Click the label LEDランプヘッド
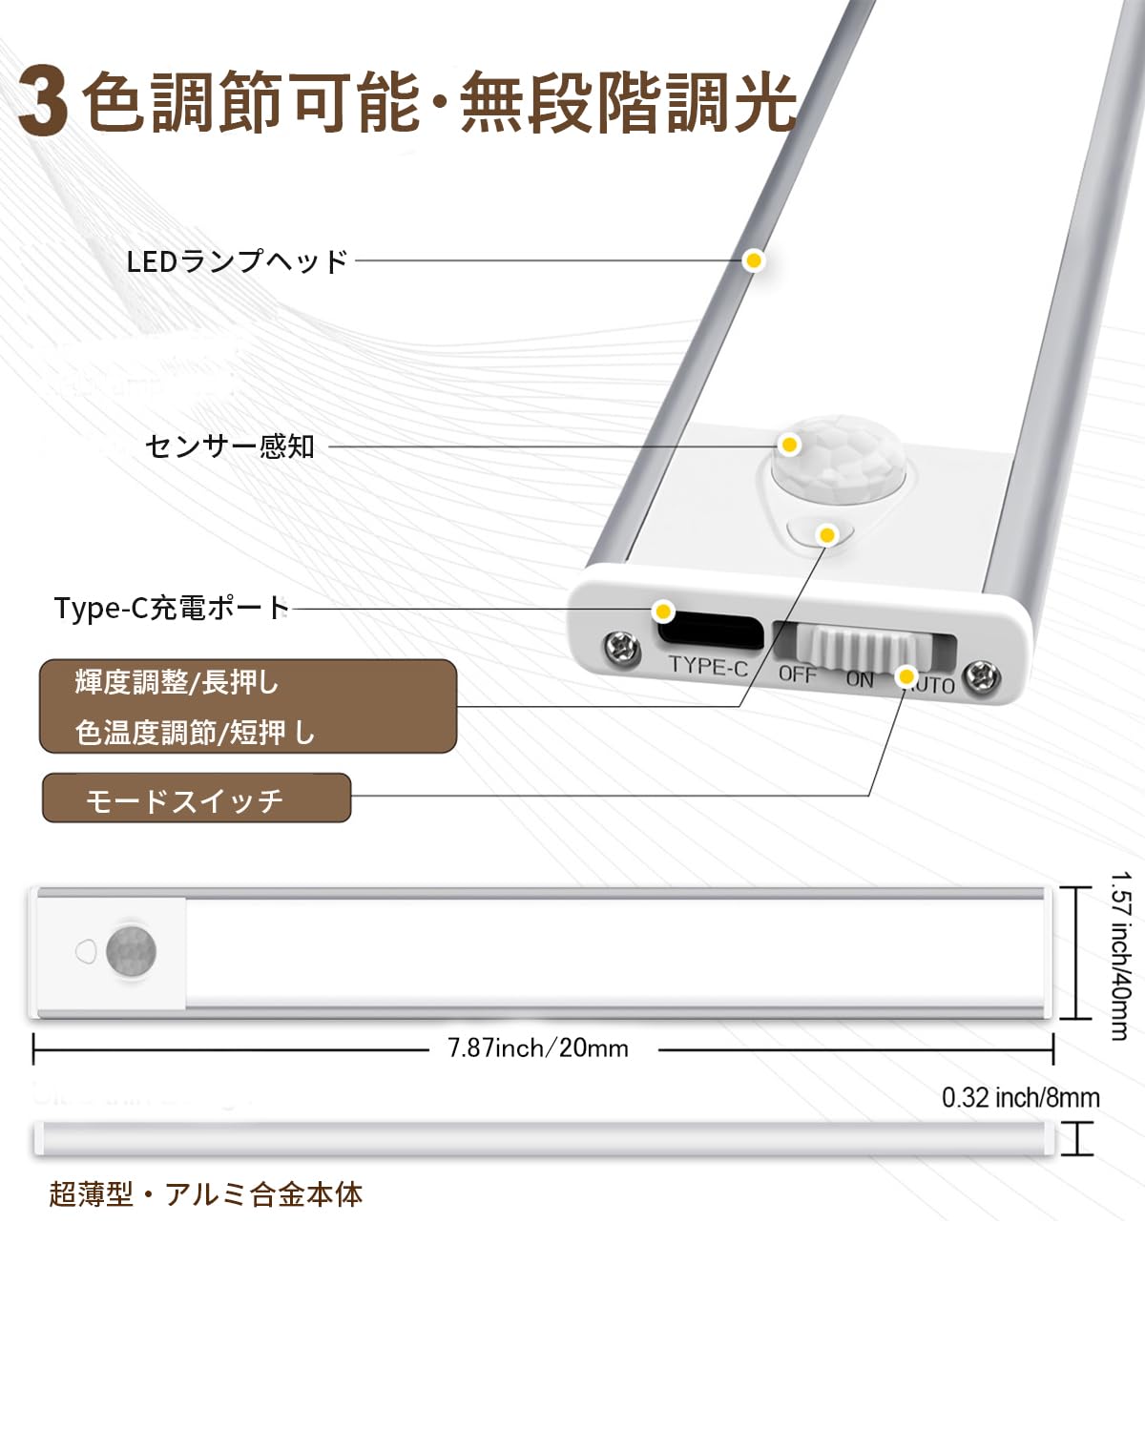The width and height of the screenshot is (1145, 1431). tap(238, 260)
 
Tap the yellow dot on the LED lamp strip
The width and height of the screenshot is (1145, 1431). tap(754, 260)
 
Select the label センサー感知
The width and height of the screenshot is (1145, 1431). tap(230, 446)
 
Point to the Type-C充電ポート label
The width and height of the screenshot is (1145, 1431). tap(172, 608)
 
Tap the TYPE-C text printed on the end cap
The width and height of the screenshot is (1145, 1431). tap(708, 667)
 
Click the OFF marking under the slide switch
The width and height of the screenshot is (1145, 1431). tap(798, 674)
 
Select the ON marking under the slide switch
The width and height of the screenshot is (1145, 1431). tap(860, 679)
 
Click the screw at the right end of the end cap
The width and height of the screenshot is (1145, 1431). tap(982, 678)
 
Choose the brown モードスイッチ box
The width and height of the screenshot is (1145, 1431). tap(197, 798)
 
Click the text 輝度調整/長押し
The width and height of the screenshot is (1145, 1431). tap(177, 683)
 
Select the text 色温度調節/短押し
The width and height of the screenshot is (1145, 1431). tap(195, 733)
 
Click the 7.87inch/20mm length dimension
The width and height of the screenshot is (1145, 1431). tap(538, 1048)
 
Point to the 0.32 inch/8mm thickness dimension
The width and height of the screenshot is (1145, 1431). tap(1020, 1097)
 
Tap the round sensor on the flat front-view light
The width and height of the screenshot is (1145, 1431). tap(131, 951)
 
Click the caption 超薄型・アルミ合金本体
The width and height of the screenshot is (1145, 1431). tap(206, 1194)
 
